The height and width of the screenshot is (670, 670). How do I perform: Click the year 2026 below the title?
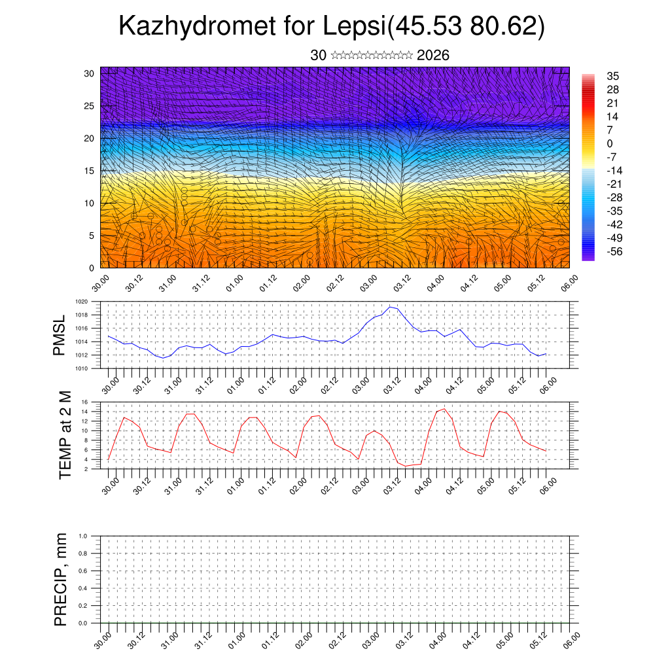pyautogui.click(x=432, y=56)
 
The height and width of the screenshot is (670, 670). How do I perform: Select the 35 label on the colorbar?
pyautogui.click(x=613, y=76)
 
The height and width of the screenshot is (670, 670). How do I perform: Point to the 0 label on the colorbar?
pyautogui.click(x=610, y=143)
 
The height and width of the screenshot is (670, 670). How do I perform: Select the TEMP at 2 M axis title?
pyautogui.click(x=65, y=434)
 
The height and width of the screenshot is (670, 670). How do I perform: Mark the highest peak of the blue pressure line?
pyautogui.click(x=390, y=306)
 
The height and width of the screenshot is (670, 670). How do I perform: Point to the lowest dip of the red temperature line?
pyautogui.click(x=406, y=466)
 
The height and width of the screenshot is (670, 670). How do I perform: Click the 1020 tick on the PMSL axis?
pyautogui.click(x=81, y=302)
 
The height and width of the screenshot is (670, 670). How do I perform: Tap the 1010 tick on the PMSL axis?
pyautogui.click(x=81, y=368)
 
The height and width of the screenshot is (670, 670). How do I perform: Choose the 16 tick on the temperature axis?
pyautogui.click(x=84, y=402)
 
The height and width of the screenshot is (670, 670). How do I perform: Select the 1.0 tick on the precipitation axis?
pyautogui.click(x=82, y=536)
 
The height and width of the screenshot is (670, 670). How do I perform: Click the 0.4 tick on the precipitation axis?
pyautogui.click(x=82, y=588)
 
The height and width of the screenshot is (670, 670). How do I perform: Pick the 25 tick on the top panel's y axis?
pyautogui.click(x=90, y=105)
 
